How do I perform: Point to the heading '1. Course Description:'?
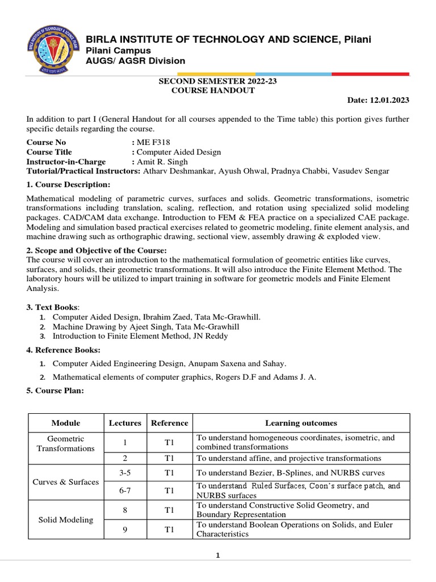click(68, 185)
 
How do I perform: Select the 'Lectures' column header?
click(125, 423)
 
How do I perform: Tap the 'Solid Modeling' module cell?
click(65, 520)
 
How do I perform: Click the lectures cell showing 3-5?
click(125, 473)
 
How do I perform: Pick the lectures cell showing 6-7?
click(125, 490)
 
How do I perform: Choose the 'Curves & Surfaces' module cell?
click(65, 481)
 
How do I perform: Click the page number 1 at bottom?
click(217, 556)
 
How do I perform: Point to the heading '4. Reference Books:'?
click(64, 350)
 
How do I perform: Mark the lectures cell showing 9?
click(125, 530)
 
